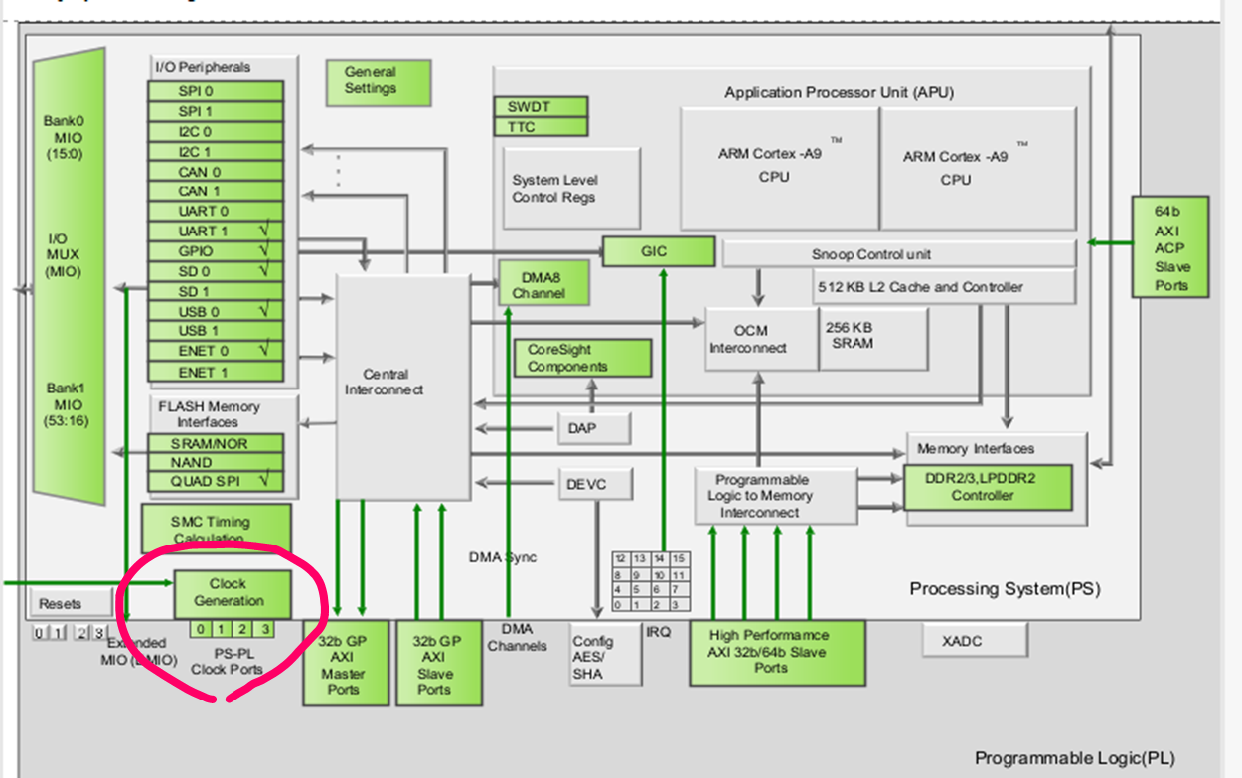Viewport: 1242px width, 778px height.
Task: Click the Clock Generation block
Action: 233,593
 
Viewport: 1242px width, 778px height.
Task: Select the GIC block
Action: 658,251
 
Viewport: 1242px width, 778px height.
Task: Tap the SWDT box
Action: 541,107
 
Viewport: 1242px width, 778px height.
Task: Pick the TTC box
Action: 541,127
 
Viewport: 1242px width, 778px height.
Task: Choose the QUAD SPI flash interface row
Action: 215,482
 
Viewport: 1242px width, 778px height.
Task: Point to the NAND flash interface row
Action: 215,462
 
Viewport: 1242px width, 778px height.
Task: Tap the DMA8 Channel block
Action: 543,284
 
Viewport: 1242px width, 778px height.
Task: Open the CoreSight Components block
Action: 582,358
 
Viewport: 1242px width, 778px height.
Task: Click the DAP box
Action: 594,428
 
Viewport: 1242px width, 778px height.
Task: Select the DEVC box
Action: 594,485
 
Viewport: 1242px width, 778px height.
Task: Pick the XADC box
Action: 974,641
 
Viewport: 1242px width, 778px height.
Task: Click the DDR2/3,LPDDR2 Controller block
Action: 989,487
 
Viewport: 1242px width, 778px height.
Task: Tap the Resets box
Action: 60,603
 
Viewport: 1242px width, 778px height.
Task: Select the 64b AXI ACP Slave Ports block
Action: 1170,245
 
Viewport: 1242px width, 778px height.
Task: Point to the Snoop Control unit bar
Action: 898,254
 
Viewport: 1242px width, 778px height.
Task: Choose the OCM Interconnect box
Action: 761,339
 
